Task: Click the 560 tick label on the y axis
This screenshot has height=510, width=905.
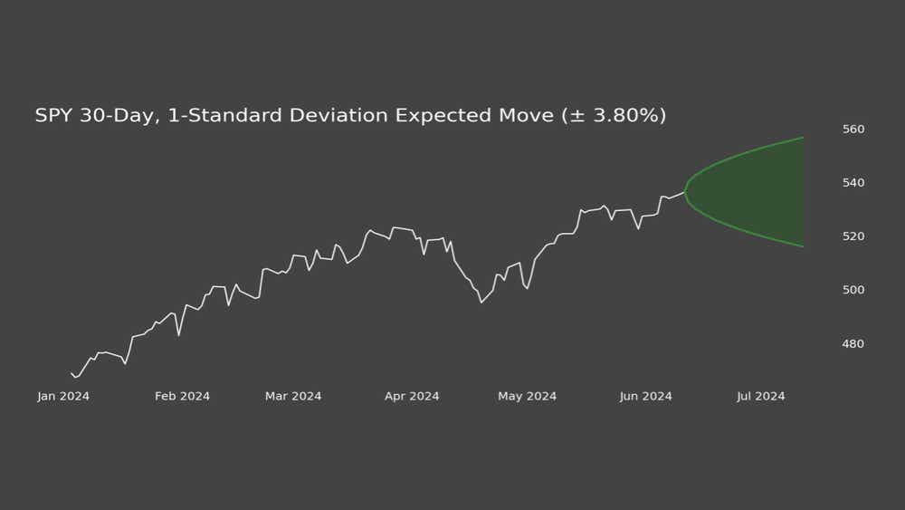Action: [854, 130]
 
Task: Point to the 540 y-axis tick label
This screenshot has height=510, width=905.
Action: [854, 183]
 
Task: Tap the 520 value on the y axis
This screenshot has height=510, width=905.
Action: [854, 236]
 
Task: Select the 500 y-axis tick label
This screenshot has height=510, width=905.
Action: [854, 290]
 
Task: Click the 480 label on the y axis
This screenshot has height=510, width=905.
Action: [854, 344]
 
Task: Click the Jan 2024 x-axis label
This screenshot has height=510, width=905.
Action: [63, 397]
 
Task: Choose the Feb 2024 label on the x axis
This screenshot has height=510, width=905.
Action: [182, 397]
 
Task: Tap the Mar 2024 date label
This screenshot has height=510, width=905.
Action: [293, 397]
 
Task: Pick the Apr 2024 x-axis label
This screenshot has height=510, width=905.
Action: [412, 397]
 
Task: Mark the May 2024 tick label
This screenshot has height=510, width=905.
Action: [527, 397]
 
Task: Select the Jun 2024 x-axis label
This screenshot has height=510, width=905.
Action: [646, 397]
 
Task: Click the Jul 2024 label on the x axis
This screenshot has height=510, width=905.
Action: [761, 397]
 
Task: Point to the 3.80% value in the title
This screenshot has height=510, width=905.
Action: [624, 116]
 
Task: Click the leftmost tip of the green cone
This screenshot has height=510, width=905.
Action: [684, 192]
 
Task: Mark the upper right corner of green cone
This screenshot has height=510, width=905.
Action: [803, 138]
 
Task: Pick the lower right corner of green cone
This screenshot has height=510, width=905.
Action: [803, 246]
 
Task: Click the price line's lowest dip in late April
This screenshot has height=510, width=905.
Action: [481, 302]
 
